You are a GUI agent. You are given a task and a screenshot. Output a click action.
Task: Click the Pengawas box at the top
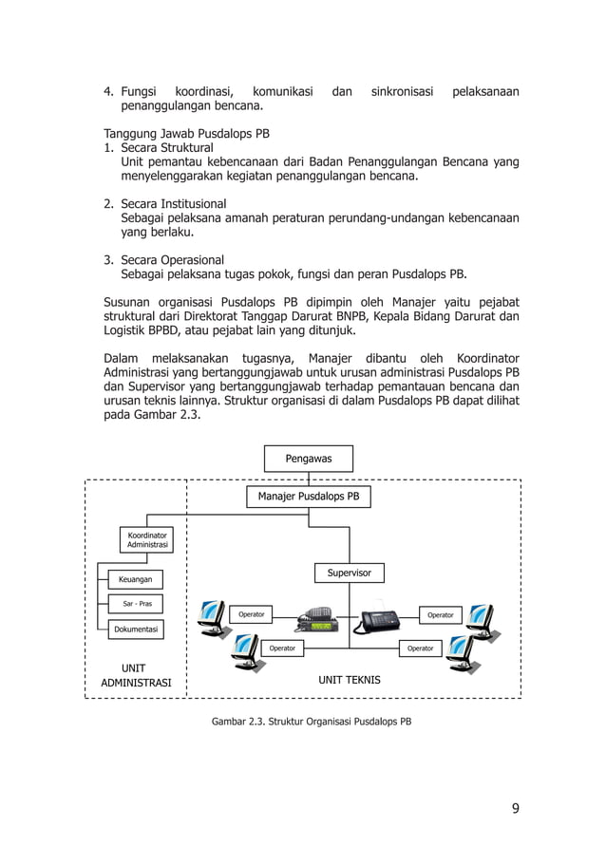pyautogui.click(x=308, y=459)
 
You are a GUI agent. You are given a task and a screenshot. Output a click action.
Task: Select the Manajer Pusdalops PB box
pyautogui.click(x=308, y=496)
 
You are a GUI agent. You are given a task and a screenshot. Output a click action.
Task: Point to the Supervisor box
pyautogui.click(x=349, y=573)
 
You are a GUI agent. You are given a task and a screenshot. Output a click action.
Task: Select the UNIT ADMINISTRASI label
pyautogui.click(x=136, y=675)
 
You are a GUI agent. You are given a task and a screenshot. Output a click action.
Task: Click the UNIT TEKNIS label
pyautogui.click(x=350, y=680)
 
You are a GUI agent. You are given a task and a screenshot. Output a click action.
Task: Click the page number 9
pyautogui.click(x=515, y=809)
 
